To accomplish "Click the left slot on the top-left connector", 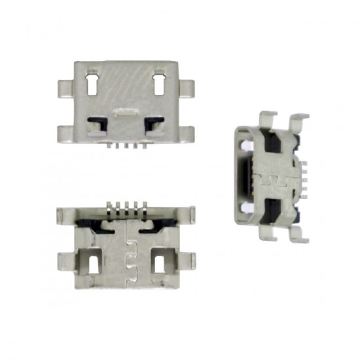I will (x=92, y=84).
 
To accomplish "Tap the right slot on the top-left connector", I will (x=158, y=84).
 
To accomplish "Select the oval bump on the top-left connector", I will (x=124, y=113).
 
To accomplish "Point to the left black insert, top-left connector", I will (x=97, y=122).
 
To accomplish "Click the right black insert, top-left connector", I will (x=154, y=122).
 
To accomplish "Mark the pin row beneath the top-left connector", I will (x=125, y=144).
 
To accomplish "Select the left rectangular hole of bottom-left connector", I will (x=93, y=262).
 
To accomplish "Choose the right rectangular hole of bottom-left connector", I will (x=158, y=262).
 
